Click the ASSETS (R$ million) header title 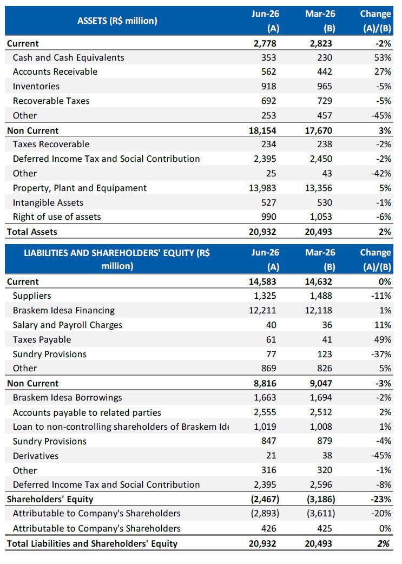tap(117, 21)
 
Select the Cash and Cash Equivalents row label tap(69, 57)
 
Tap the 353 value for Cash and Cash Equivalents tap(268, 57)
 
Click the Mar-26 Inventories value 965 tap(325, 86)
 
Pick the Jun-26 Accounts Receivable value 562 tap(268, 71)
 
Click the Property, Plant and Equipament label tap(80, 188)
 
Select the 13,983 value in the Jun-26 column tap(262, 188)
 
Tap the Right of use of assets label tap(57, 217)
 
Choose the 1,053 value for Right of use tap(321, 217)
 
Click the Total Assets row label tap(32, 232)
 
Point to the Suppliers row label tap(32, 296)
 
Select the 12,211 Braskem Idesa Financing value tap(262, 310)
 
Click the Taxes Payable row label tap(42, 339)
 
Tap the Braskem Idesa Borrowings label tap(68, 397)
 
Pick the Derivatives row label tap(36, 456)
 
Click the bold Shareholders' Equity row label tap(50, 499)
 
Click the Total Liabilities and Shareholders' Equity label tap(93, 543)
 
